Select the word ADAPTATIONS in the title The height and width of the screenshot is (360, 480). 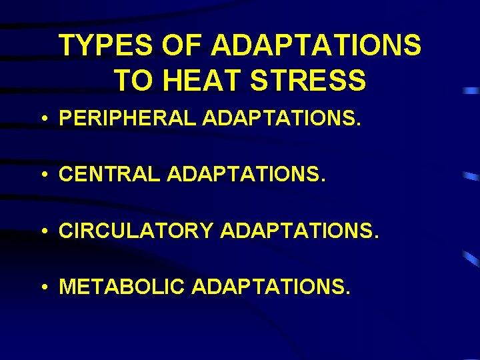point(316,47)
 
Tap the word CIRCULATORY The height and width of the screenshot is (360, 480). point(135,231)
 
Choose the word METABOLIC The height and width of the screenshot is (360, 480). point(121,287)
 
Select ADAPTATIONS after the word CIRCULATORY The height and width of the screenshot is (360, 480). point(297,231)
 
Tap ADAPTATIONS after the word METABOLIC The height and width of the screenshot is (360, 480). point(269,287)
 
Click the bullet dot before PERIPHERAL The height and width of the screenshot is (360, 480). point(43,120)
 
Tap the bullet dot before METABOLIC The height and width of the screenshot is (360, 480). point(43,288)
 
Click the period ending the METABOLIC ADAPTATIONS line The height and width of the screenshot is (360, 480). point(347,293)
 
